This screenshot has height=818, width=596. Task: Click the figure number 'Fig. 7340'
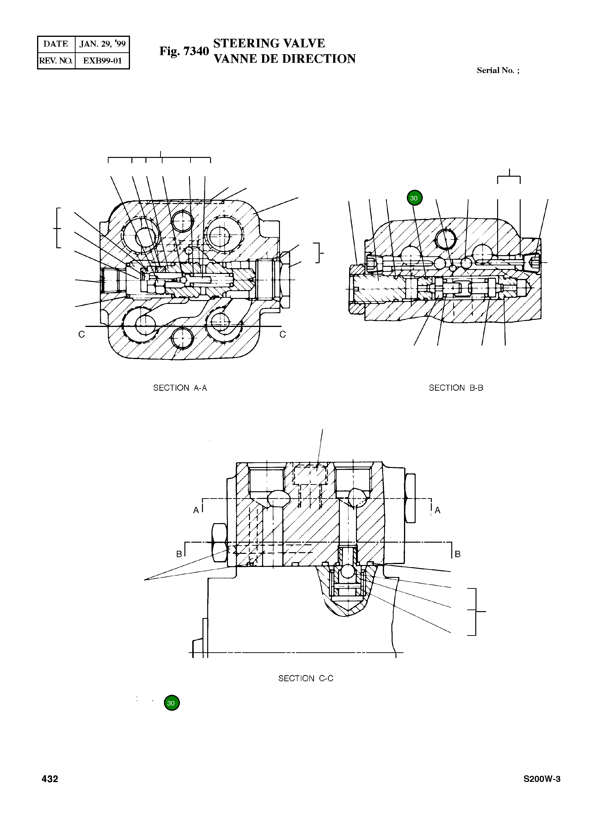(x=184, y=51)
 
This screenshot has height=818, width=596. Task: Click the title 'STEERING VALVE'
(x=269, y=43)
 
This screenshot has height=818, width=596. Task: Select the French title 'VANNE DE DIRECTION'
(x=285, y=59)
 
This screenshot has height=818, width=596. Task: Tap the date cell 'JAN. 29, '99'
(x=102, y=44)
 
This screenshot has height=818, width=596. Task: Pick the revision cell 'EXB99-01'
(x=102, y=61)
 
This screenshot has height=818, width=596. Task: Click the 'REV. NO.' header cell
(x=56, y=61)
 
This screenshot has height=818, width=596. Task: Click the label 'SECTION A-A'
(x=180, y=388)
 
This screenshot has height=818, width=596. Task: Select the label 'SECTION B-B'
(x=456, y=388)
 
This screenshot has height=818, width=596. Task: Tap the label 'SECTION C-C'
(x=306, y=678)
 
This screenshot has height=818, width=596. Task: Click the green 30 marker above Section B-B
(x=414, y=198)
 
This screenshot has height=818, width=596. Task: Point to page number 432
(x=50, y=789)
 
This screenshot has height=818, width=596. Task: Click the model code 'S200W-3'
(x=542, y=789)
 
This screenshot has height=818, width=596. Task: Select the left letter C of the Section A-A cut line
(x=82, y=335)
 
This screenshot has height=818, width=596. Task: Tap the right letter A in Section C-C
(x=438, y=510)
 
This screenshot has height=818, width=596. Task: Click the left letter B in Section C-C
(x=179, y=554)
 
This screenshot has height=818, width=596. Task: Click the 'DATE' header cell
(x=56, y=44)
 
